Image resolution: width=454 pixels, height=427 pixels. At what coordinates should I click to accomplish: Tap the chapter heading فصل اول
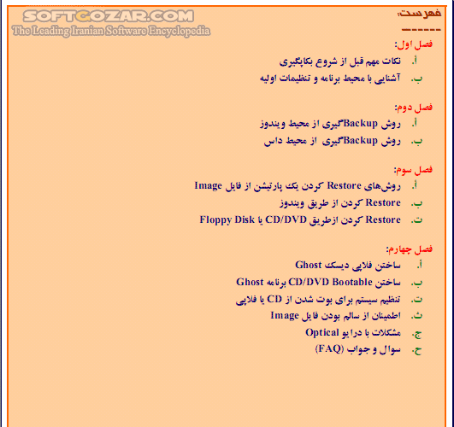pos(414,44)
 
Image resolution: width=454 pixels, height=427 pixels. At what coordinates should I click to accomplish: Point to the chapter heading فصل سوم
pos(414,169)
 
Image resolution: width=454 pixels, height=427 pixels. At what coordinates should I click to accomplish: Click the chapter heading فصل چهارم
pos(411,249)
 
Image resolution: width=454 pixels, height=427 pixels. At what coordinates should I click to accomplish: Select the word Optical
pos(323,332)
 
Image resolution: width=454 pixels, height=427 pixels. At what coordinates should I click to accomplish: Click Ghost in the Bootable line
pos(251,281)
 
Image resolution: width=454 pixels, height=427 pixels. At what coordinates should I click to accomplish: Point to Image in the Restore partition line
pos(209,185)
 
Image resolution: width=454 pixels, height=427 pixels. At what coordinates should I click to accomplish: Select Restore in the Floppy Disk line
pos(384,219)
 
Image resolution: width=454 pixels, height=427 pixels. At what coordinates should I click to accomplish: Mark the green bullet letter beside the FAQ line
pos(417,349)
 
